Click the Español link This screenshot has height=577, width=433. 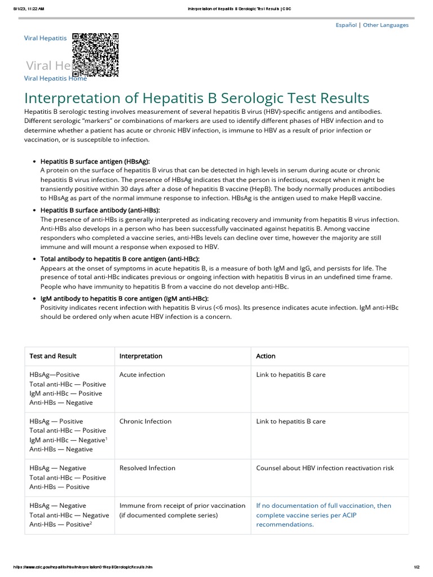click(x=346, y=25)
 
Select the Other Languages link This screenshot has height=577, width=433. click(x=386, y=25)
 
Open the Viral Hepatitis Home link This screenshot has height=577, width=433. click(x=55, y=78)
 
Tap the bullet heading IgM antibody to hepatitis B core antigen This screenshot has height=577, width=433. click(x=124, y=298)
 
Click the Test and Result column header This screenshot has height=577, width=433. click(x=53, y=356)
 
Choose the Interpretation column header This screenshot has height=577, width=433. click(x=140, y=356)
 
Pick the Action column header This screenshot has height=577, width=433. click(x=266, y=356)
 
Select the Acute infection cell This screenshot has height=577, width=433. click(x=142, y=375)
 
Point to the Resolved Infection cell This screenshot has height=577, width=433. click(x=147, y=468)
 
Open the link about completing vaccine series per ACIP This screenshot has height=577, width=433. click(x=323, y=515)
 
